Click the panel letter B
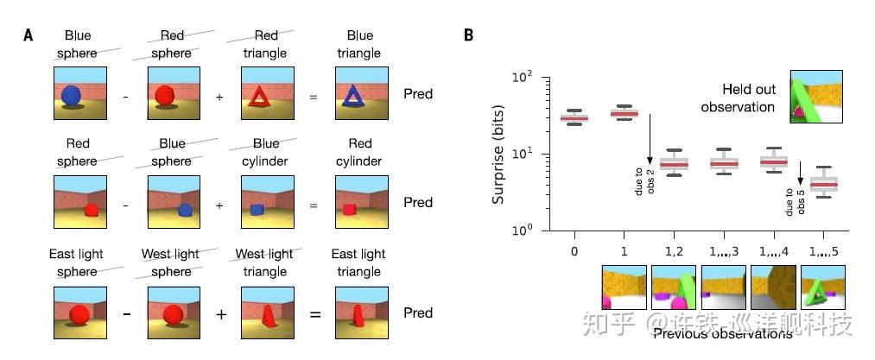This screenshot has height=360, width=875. click(x=468, y=35)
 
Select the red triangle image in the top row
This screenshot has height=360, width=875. click(x=266, y=93)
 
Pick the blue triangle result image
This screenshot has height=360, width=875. click(x=359, y=93)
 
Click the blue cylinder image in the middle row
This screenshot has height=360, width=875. click(x=266, y=202)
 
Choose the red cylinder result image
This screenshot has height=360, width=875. click(x=359, y=202)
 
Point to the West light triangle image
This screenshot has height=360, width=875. click(x=266, y=312)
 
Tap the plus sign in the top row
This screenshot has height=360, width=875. click(x=219, y=97)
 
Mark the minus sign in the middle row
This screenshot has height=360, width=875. click(x=125, y=206)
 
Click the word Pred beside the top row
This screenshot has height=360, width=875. click(x=418, y=93)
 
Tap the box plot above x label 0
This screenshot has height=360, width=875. click(x=574, y=117)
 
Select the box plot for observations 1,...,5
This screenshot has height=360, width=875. click(x=825, y=184)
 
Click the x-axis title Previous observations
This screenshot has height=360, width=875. click(x=722, y=333)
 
